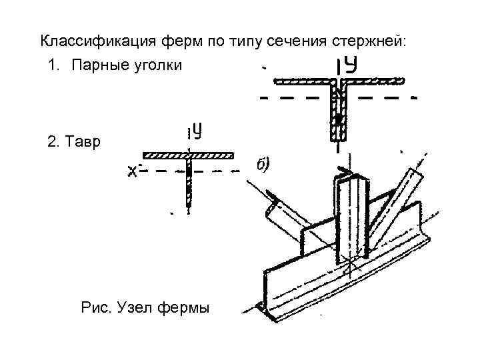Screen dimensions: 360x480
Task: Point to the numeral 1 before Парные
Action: tap(53, 65)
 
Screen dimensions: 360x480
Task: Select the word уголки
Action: tap(157, 65)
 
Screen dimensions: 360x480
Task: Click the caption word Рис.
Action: tap(96, 307)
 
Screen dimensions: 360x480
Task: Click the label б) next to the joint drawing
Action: tap(261, 164)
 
